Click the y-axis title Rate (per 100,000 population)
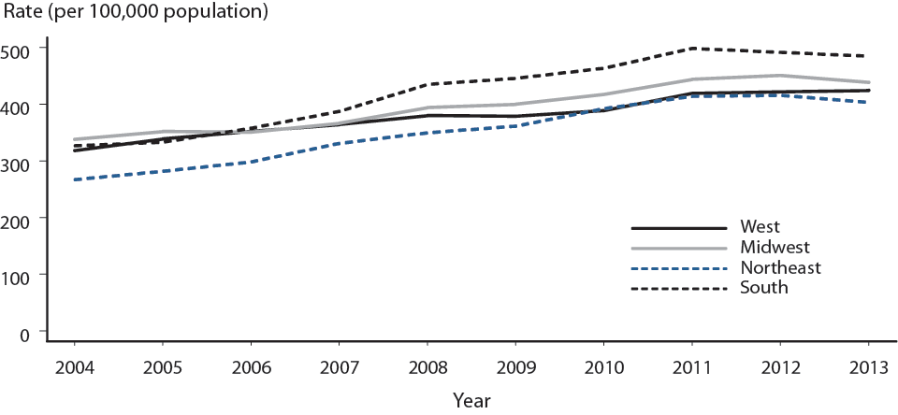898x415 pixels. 135,13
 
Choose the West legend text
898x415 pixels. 759,226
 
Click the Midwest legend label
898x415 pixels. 774,247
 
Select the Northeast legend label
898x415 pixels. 779,267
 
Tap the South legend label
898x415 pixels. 763,288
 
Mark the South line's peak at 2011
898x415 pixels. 693,48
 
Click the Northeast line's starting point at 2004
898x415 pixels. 73,179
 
